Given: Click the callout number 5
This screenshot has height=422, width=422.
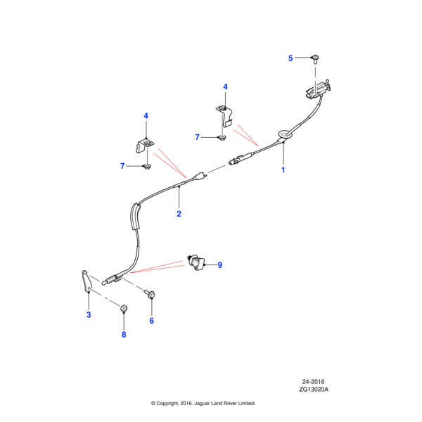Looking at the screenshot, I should (x=290, y=59).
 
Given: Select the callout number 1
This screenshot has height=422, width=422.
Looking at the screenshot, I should (x=284, y=170).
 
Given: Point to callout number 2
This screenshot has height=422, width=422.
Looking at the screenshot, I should (x=179, y=213).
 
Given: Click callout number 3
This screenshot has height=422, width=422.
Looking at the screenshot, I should (x=89, y=314).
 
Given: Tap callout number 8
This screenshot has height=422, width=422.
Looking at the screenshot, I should (x=124, y=334).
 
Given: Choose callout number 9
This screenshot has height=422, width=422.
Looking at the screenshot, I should (x=219, y=265).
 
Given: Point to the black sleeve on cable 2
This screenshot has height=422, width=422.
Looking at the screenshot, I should (x=136, y=217).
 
